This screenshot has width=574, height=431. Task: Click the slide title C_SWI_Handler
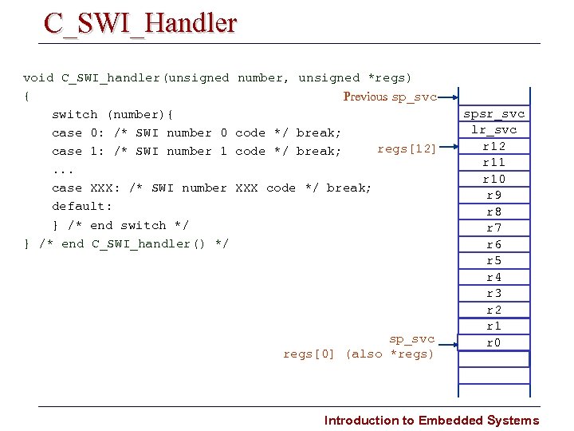point(140,22)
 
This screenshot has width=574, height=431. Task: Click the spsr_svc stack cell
point(494,114)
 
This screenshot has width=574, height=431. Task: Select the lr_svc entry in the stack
point(494,130)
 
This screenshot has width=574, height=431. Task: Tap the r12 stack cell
point(494,146)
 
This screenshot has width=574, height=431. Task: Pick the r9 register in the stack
point(494,196)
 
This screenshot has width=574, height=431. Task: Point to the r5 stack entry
point(494,261)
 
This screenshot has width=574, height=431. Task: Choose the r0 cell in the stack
point(494,343)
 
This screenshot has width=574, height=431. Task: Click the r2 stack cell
point(494,310)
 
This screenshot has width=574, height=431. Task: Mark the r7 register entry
point(494,228)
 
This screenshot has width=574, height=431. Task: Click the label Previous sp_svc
point(390,97)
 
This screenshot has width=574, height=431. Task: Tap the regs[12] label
point(407,148)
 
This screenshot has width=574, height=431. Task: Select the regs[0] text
point(309,354)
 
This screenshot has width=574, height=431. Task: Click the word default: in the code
point(82,206)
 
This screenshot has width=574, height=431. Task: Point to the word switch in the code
point(75,114)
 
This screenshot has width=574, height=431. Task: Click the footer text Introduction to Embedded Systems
point(431,421)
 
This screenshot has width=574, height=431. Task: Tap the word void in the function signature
point(38,77)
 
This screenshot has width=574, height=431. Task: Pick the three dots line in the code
point(63,170)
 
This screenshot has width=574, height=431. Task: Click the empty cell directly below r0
point(494,359)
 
